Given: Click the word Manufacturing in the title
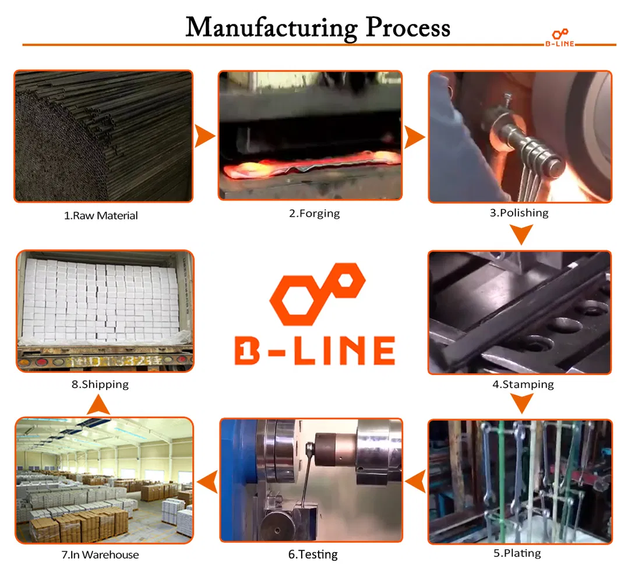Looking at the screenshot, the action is click(272, 29).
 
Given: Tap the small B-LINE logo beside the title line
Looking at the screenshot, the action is click(559, 38).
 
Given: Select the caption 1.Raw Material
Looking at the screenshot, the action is click(101, 215).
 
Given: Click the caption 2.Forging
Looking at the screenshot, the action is click(315, 214).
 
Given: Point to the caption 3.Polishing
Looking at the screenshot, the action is click(519, 213).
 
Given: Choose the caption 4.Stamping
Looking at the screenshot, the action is click(523, 384).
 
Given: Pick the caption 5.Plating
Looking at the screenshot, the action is click(517, 553).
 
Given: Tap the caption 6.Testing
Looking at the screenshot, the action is click(313, 554).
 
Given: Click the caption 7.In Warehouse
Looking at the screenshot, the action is click(100, 555).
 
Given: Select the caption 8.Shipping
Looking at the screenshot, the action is click(100, 384).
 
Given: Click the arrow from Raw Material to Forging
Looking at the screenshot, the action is click(205, 136).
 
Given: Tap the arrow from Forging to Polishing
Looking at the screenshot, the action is click(414, 137).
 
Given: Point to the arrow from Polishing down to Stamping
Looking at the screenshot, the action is click(521, 234).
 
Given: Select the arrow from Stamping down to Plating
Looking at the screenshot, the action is click(522, 403).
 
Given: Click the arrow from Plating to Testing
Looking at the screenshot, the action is click(416, 481).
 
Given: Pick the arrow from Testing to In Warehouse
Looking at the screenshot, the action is click(208, 482).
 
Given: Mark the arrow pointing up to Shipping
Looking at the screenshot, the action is click(98, 405).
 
